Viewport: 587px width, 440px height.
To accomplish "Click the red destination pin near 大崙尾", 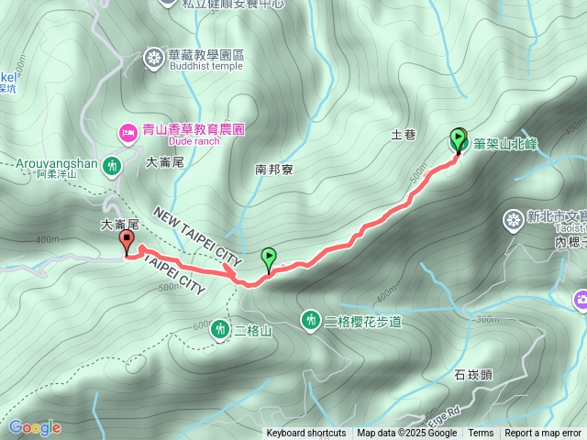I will [x=127, y=241].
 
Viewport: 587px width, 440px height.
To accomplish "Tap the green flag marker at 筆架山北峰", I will [x=459, y=139].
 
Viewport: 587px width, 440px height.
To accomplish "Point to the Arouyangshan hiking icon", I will [x=113, y=166].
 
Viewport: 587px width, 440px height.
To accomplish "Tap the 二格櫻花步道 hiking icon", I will [x=311, y=319].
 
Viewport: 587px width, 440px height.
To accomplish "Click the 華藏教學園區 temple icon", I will [x=153, y=59].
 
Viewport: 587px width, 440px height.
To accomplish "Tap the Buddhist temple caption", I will [x=205, y=66].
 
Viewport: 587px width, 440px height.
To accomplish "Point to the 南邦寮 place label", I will [x=273, y=169].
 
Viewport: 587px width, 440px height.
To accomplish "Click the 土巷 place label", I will [x=404, y=135].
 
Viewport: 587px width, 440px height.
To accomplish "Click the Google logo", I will [x=34, y=427].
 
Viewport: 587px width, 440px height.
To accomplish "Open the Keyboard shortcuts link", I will [x=306, y=434].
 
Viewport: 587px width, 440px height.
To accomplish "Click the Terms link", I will [x=481, y=434].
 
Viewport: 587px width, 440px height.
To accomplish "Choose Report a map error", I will [x=544, y=434].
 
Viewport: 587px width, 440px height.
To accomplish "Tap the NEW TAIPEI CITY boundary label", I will [x=197, y=224].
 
